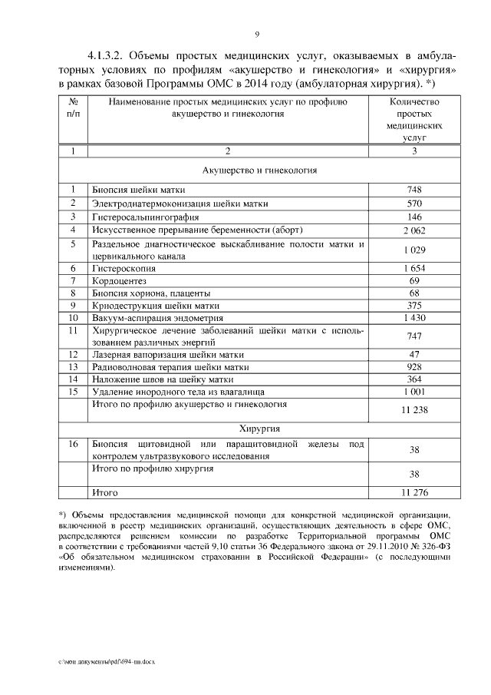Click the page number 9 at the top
click(257, 35)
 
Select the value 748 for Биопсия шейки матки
click(414, 190)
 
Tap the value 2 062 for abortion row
click(414, 230)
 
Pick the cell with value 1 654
click(414, 270)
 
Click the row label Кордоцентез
click(121, 283)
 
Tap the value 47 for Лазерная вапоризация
click(414, 355)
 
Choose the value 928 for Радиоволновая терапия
click(414, 368)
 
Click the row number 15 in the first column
click(73, 392)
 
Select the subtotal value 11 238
click(414, 410)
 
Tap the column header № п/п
click(73, 108)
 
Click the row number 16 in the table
click(73, 445)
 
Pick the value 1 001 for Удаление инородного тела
click(414, 392)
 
